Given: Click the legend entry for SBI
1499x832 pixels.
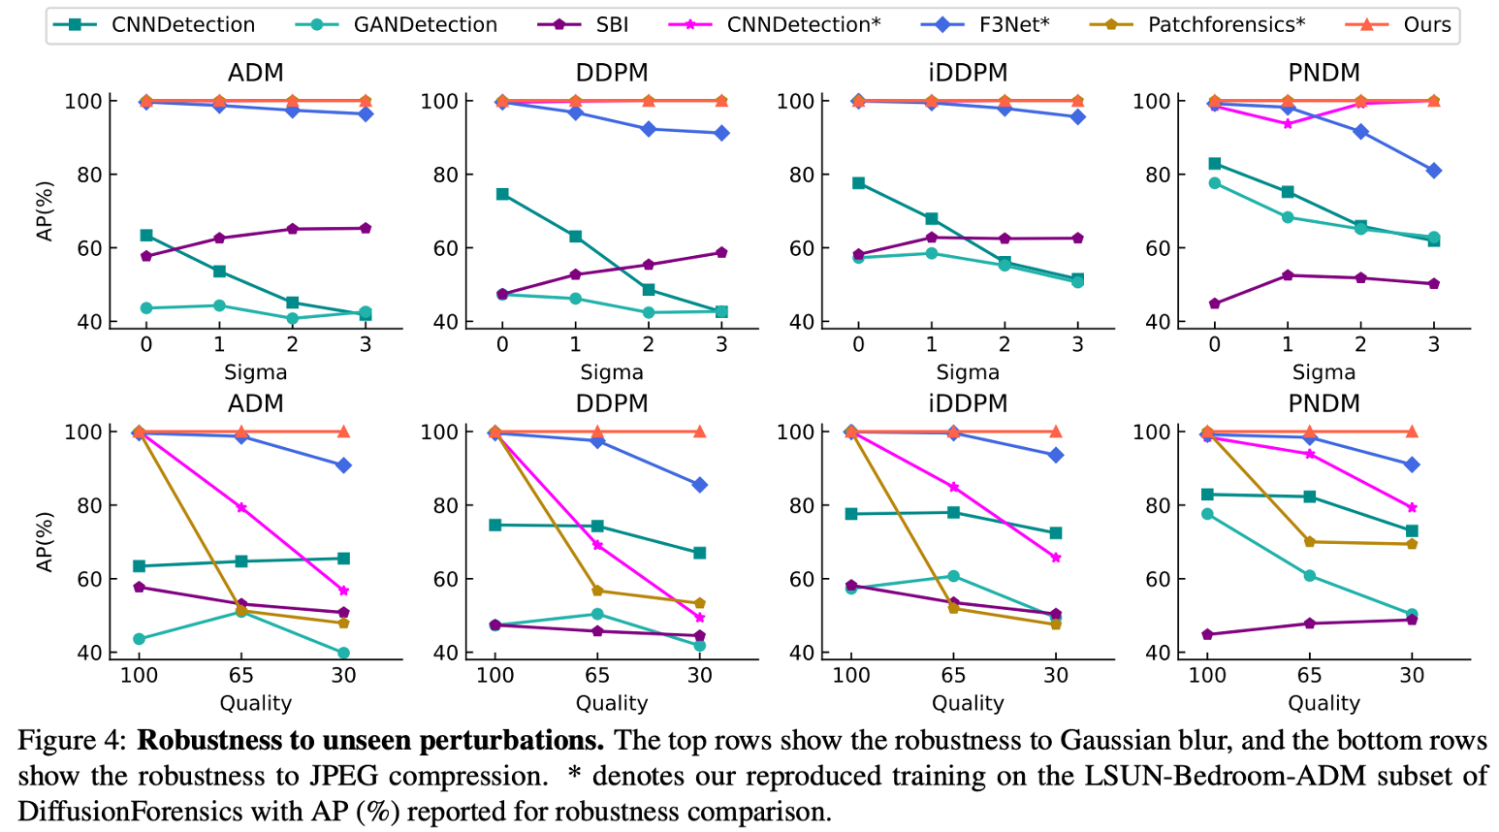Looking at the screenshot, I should tap(611, 25).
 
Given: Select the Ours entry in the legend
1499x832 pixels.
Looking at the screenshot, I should tap(1426, 25).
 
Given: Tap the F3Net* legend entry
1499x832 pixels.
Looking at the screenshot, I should tap(1013, 25).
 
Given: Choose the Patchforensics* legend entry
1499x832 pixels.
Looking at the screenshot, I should tap(1226, 25).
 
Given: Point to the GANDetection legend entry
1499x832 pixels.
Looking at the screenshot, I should tap(425, 25).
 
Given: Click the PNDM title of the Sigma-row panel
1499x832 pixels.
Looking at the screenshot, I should tap(1324, 73).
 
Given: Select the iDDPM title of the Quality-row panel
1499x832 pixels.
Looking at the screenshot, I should tap(968, 403).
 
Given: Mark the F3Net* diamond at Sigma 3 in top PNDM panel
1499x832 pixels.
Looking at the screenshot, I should tap(1433, 171).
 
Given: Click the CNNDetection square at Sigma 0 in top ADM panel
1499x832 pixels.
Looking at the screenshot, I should tap(146, 236).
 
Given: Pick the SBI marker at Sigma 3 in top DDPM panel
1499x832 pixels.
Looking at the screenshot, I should tap(721, 253).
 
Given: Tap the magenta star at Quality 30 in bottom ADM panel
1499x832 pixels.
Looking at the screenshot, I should tap(343, 591).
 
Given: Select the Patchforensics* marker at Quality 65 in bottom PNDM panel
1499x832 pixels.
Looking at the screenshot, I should tap(1309, 542).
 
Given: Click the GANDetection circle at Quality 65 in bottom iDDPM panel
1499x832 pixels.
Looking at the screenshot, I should tap(953, 576).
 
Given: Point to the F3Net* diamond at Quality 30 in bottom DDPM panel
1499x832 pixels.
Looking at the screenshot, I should tap(699, 485).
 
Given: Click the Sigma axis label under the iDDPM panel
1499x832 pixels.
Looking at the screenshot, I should tap(968, 372).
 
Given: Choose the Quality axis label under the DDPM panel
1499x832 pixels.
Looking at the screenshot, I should tap(611, 703).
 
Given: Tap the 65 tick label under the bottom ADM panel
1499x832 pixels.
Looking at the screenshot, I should tap(240, 675).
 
